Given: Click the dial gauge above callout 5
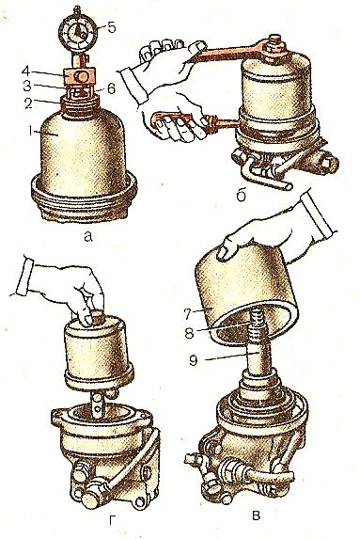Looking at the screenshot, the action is (x=78, y=32).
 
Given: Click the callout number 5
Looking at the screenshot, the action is (x=112, y=28).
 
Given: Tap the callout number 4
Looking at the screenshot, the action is (x=27, y=71).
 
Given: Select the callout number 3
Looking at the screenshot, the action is (x=27, y=86).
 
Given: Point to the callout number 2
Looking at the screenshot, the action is (x=28, y=103).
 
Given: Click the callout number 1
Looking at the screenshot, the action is (x=32, y=131).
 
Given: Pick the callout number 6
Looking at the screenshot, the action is (x=111, y=89).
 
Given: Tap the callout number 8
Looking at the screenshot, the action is (x=189, y=333).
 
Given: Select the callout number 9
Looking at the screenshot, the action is (x=194, y=360).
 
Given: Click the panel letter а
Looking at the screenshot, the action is (x=88, y=236).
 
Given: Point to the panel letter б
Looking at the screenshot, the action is (x=242, y=195).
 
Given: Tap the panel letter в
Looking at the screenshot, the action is (x=256, y=515).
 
